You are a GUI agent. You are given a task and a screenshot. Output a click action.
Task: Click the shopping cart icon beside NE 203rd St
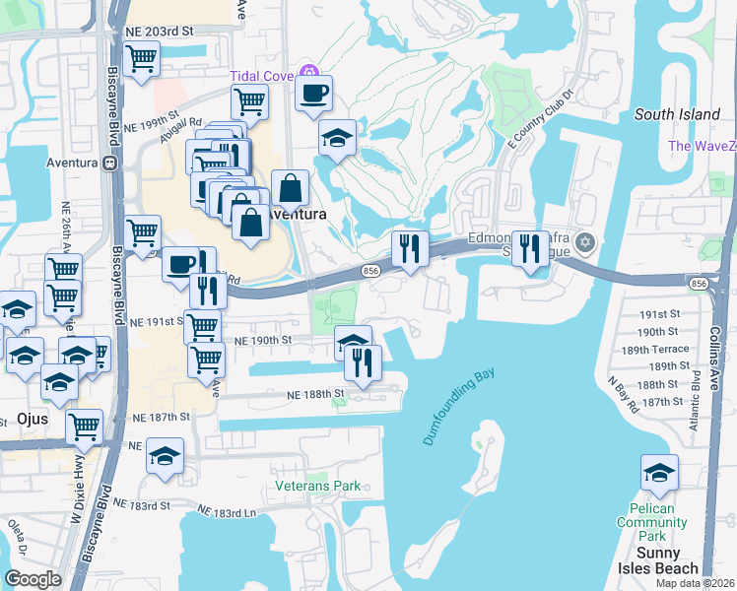(x=141, y=57)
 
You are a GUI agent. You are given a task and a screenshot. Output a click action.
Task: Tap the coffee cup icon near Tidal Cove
(x=314, y=94)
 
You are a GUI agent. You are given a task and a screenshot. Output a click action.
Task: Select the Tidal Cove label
(x=264, y=76)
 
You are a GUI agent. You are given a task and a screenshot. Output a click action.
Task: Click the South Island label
(x=677, y=114)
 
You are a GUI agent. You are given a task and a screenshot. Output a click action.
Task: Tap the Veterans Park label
(x=317, y=487)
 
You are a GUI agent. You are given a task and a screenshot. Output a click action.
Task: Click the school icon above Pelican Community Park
(x=659, y=473)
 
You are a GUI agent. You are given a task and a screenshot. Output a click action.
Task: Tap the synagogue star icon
(x=585, y=241)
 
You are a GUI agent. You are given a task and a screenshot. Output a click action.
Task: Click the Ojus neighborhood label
(x=33, y=419)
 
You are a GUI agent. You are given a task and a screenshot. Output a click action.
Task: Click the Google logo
(x=33, y=579)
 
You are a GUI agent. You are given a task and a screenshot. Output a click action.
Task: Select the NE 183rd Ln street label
(x=227, y=511)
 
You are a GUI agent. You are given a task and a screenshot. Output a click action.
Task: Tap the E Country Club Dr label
(x=539, y=118)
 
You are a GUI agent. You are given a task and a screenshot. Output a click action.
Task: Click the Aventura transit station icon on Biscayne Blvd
(x=109, y=163)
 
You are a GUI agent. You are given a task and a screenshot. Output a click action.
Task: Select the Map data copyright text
(x=695, y=583)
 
